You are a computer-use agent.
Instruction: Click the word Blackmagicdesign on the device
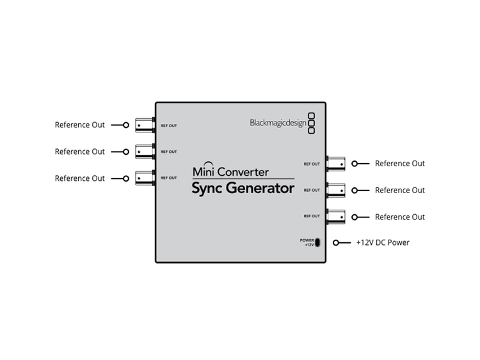pyautogui.click(x=278, y=123)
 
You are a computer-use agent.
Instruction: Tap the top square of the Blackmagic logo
pyautogui.click(x=311, y=116)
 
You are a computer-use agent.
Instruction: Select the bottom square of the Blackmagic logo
pyautogui.click(x=311, y=130)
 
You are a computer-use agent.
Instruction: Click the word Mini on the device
pyautogui.click(x=204, y=172)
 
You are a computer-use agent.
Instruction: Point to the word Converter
pyautogui.click(x=243, y=172)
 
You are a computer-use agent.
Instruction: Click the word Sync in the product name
pyautogui.click(x=207, y=189)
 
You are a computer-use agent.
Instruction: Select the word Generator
pyautogui.click(x=260, y=188)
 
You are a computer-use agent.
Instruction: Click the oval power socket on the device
pyautogui.click(x=317, y=242)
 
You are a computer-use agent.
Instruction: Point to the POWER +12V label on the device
pyautogui.click(x=307, y=242)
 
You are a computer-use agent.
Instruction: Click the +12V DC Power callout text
pyautogui.click(x=383, y=242)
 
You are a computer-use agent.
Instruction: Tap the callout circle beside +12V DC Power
pyautogui.click(x=336, y=243)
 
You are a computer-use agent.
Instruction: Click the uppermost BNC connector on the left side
pyautogui.click(x=145, y=125)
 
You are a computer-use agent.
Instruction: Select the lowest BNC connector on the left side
pyautogui.click(x=145, y=178)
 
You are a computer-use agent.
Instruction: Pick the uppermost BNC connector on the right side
pyautogui.click(x=336, y=164)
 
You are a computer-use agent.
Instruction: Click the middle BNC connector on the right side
pyautogui.click(x=336, y=191)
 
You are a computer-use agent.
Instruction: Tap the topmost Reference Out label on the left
pyautogui.click(x=79, y=125)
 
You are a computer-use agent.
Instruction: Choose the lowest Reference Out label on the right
pyautogui.click(x=400, y=217)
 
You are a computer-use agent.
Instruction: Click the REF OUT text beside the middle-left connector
pyautogui.click(x=169, y=152)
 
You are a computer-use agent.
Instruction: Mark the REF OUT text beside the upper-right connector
pyautogui.click(x=312, y=164)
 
